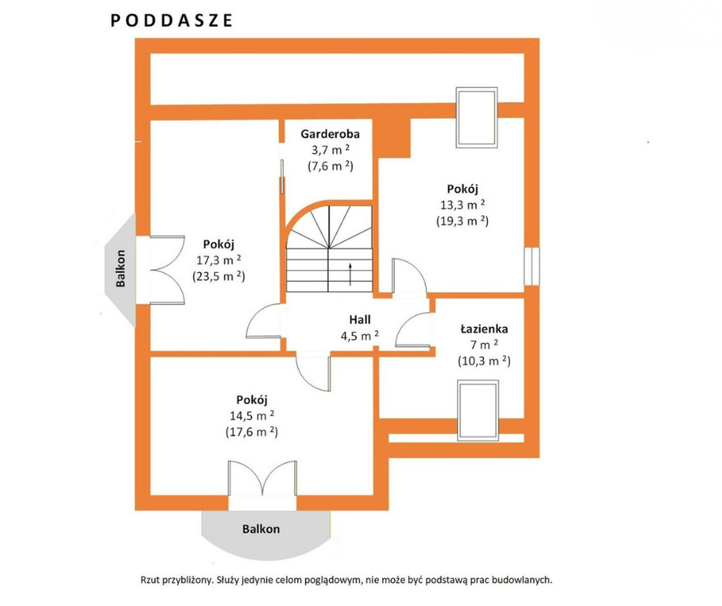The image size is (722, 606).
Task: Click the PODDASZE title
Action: point(171,21)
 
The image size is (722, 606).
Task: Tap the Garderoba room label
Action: point(330,134)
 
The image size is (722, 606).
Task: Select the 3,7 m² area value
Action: point(330,150)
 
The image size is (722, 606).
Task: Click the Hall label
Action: point(359,320)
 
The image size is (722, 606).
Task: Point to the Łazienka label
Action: point(484,329)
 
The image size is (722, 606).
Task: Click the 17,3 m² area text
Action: point(218,260)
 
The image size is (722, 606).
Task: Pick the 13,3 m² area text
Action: point(463,204)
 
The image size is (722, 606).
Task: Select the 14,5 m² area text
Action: point(252,416)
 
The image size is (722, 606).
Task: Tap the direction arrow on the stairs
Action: point(351,274)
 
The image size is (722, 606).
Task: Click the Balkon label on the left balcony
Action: point(121,268)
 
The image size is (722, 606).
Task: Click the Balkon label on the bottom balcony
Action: point(261,529)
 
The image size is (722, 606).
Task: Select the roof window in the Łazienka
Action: point(478,410)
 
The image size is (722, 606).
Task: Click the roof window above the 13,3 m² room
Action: point(477,118)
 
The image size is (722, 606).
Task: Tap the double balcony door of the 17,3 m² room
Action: point(166,270)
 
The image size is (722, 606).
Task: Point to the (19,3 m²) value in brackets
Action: point(463,221)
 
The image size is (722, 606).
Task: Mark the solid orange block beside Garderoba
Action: point(392,138)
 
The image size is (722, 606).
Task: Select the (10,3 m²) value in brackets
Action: point(484,361)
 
